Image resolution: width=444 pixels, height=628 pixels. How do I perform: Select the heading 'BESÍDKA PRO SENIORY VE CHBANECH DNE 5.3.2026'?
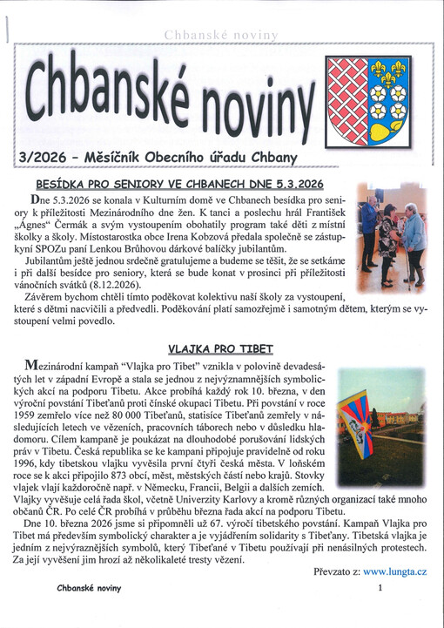[180, 184]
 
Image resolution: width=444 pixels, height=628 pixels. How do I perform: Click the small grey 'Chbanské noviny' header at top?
[220, 34]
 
